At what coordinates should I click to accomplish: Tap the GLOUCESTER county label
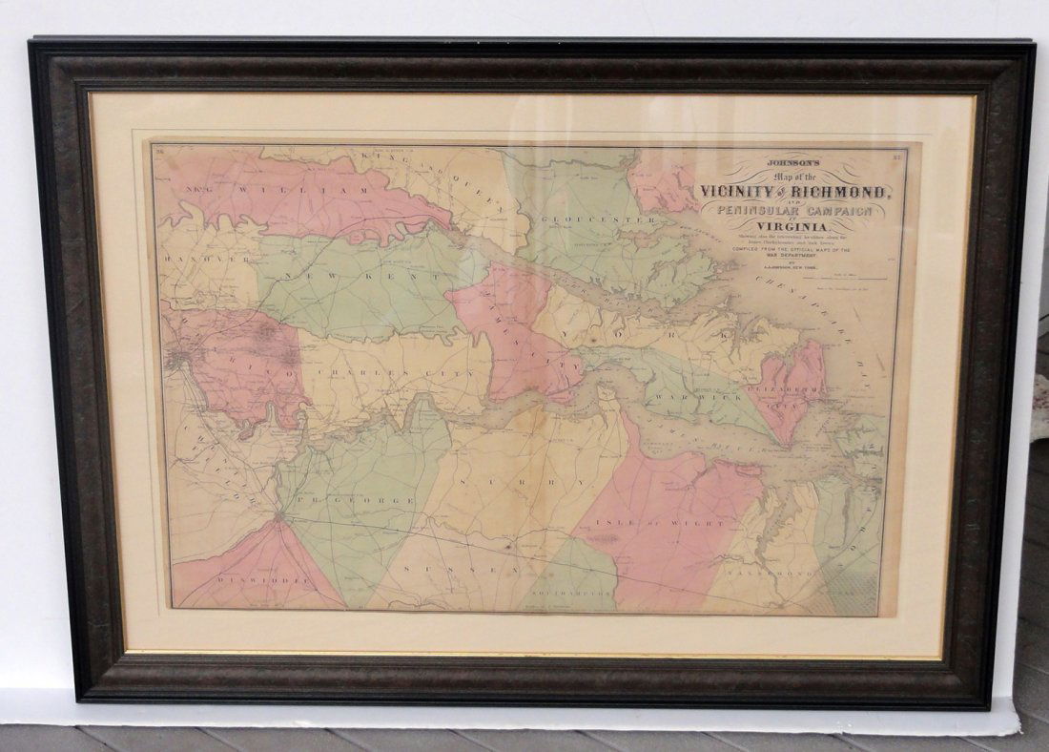coord(597,219)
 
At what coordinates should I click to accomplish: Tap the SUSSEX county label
coord(459,569)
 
